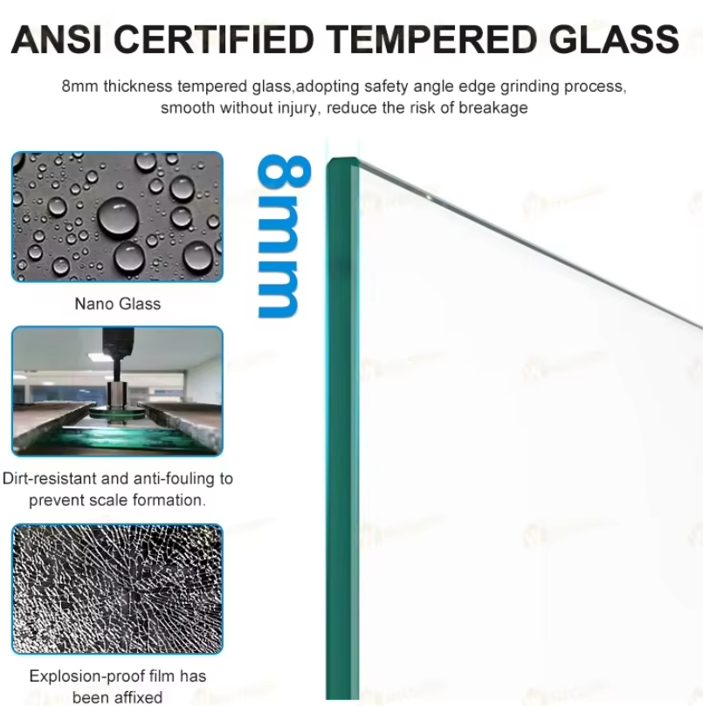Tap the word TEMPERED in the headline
[431, 39]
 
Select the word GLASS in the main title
[614, 39]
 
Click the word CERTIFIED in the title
[214, 39]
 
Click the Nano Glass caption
[118, 304]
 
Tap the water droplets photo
[117, 217]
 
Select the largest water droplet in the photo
[118, 217]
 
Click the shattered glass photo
[117, 589]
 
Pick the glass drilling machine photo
[117, 391]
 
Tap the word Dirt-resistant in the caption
[50, 478]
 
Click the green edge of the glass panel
[342, 428]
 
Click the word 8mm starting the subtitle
[79, 86]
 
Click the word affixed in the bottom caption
[139, 697]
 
